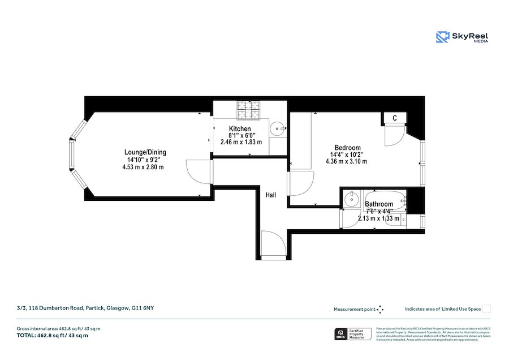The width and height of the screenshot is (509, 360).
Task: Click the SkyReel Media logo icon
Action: click(442, 37)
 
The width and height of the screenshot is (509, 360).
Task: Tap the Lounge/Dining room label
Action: click(145, 152)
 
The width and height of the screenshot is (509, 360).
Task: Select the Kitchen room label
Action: click(240, 129)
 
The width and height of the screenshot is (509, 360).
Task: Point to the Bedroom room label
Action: click(348, 147)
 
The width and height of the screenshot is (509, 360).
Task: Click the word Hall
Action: click(271, 195)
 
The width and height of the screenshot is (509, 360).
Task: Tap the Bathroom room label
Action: click(378, 204)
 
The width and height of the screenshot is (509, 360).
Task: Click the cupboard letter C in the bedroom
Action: click(394, 118)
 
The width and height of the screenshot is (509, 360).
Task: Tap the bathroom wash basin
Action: click(352, 199)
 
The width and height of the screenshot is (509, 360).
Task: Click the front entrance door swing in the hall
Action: click(274, 245)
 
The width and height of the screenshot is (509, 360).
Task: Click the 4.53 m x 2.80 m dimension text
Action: click(143, 167)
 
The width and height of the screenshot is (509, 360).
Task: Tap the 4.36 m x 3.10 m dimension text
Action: click(346, 161)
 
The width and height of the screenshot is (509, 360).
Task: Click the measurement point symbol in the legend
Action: click(380, 309)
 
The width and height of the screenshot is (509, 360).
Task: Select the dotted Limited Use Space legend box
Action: click(486, 309)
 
